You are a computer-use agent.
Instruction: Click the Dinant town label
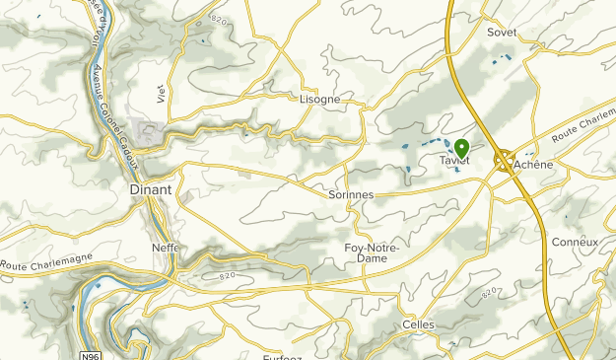(x=151, y=188)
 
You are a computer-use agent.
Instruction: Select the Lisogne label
(x=319, y=100)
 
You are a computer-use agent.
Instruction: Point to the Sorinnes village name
(x=350, y=195)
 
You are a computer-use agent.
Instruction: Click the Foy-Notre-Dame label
(x=372, y=252)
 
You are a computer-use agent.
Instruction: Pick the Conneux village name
(x=575, y=242)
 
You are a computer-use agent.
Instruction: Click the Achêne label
(x=533, y=165)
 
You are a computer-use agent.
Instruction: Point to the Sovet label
(x=502, y=32)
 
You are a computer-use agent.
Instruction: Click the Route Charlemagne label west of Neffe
(x=46, y=261)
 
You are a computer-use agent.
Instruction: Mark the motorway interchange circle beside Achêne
(x=504, y=161)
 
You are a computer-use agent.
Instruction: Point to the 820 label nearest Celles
(x=486, y=294)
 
